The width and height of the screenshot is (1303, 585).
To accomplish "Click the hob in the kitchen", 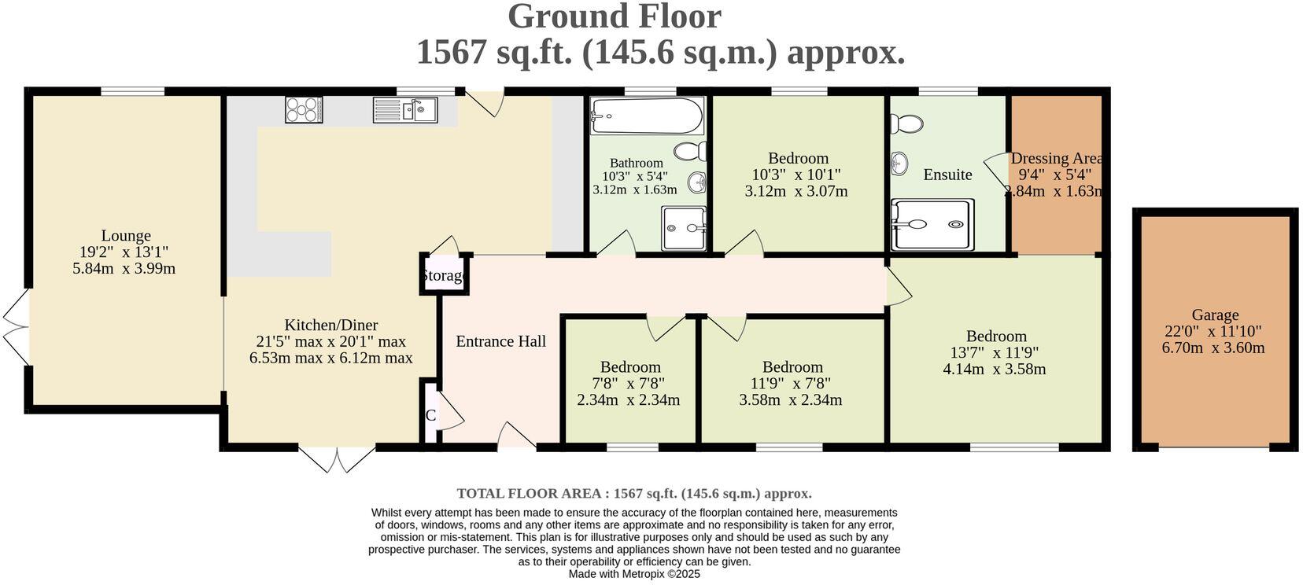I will [303, 109].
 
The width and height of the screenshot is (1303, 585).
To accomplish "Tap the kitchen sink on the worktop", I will [405, 110].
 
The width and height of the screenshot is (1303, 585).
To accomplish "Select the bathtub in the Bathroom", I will [646, 116].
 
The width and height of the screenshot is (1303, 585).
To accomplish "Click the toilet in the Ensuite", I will [907, 123].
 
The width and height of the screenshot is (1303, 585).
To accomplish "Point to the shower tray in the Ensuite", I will [932, 225].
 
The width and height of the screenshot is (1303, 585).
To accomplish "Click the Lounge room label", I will [126, 236].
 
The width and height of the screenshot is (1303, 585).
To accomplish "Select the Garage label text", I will [1214, 315].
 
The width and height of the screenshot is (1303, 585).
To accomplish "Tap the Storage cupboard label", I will [444, 276].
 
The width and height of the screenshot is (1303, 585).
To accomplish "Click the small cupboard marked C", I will [430, 415].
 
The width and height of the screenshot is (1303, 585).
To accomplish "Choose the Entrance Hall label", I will [501, 341].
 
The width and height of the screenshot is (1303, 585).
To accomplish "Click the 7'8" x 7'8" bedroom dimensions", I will [629, 384].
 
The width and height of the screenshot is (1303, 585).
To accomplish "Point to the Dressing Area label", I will [1056, 159].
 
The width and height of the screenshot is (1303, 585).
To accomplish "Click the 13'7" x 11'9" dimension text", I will [995, 353].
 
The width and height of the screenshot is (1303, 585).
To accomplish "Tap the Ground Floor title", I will [614, 17].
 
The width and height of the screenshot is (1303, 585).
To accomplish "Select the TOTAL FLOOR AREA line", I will [634, 494].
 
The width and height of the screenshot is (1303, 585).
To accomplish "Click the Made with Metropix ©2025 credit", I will [634, 575].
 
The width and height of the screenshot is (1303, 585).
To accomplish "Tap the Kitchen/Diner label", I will [330, 326].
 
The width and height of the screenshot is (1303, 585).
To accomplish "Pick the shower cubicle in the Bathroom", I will [683, 228].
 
